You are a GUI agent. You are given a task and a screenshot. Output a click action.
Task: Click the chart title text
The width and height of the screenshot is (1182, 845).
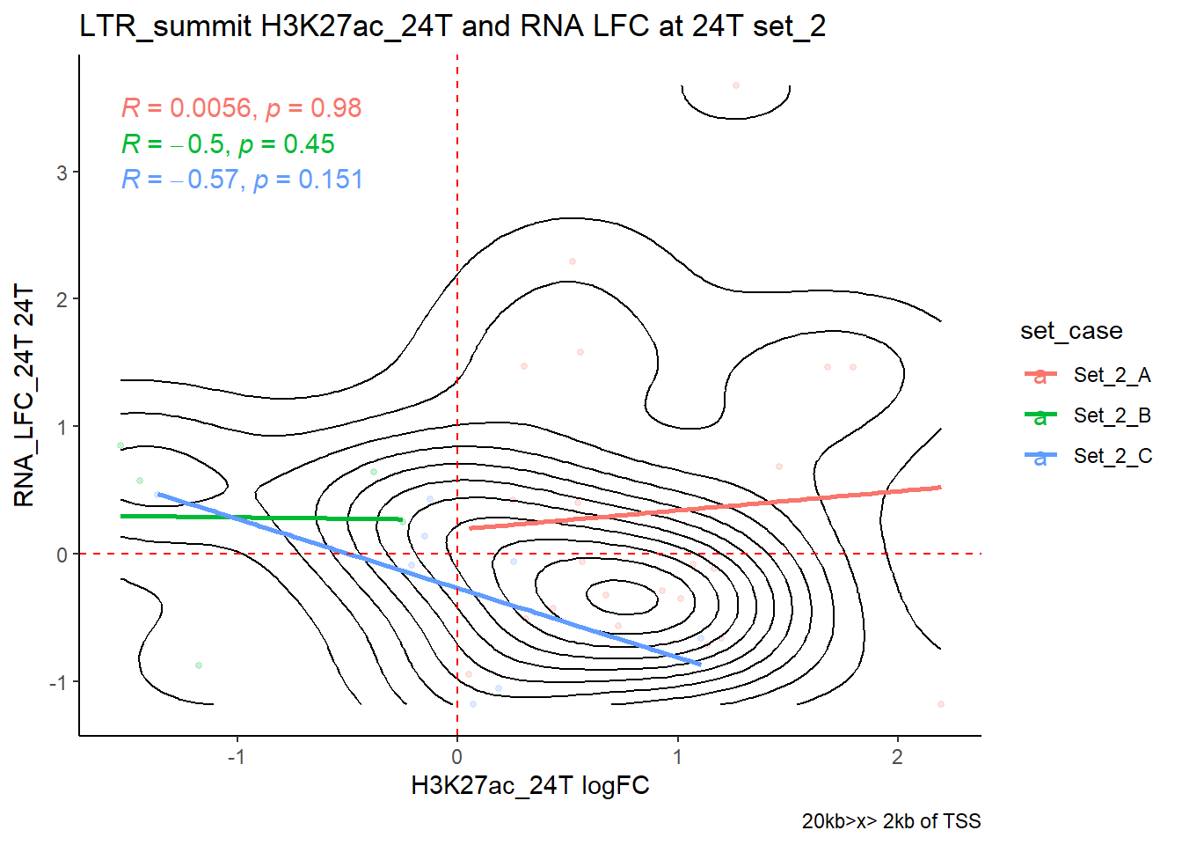coord(452,26)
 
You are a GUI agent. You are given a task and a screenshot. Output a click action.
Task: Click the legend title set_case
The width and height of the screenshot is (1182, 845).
coord(1071,331)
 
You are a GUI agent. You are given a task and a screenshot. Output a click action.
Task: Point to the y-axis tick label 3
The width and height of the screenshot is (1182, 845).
coord(62,173)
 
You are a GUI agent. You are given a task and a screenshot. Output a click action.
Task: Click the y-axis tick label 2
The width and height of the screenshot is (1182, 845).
coord(62,300)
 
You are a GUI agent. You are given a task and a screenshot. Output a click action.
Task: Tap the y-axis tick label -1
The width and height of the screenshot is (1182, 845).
coord(57,683)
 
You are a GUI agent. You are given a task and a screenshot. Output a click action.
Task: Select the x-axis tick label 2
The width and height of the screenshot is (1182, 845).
coord(897,757)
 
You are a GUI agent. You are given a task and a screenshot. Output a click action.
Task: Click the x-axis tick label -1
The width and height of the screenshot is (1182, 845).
coord(236,757)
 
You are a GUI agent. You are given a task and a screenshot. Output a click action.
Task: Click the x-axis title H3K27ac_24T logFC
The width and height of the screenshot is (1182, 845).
coord(529,785)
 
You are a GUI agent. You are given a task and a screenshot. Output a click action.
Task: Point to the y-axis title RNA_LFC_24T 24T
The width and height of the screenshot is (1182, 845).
coord(25,395)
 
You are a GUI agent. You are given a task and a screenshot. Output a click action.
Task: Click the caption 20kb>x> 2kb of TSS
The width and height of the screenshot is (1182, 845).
coord(891,821)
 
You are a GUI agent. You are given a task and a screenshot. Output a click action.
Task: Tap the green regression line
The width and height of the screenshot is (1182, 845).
coord(264,518)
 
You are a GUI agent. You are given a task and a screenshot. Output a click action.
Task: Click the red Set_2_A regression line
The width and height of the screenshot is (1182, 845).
coord(704,508)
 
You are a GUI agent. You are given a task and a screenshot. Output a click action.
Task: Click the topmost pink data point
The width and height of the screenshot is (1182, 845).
coord(736,85)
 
